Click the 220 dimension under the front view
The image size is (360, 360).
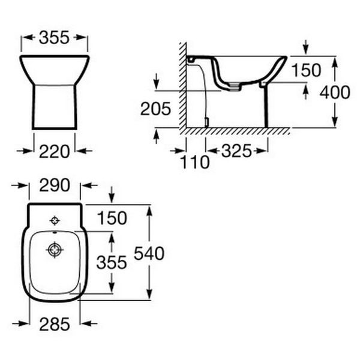54,152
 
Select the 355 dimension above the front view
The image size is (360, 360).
54,37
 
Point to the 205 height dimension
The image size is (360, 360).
155,109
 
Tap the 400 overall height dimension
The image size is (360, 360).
335,92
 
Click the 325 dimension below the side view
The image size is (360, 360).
236,151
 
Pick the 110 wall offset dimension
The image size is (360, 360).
195,162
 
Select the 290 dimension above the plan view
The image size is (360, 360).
55,185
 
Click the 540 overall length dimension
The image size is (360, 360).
149,253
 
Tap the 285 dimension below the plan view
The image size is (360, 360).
55,324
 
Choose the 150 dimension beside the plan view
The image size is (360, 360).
112,218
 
